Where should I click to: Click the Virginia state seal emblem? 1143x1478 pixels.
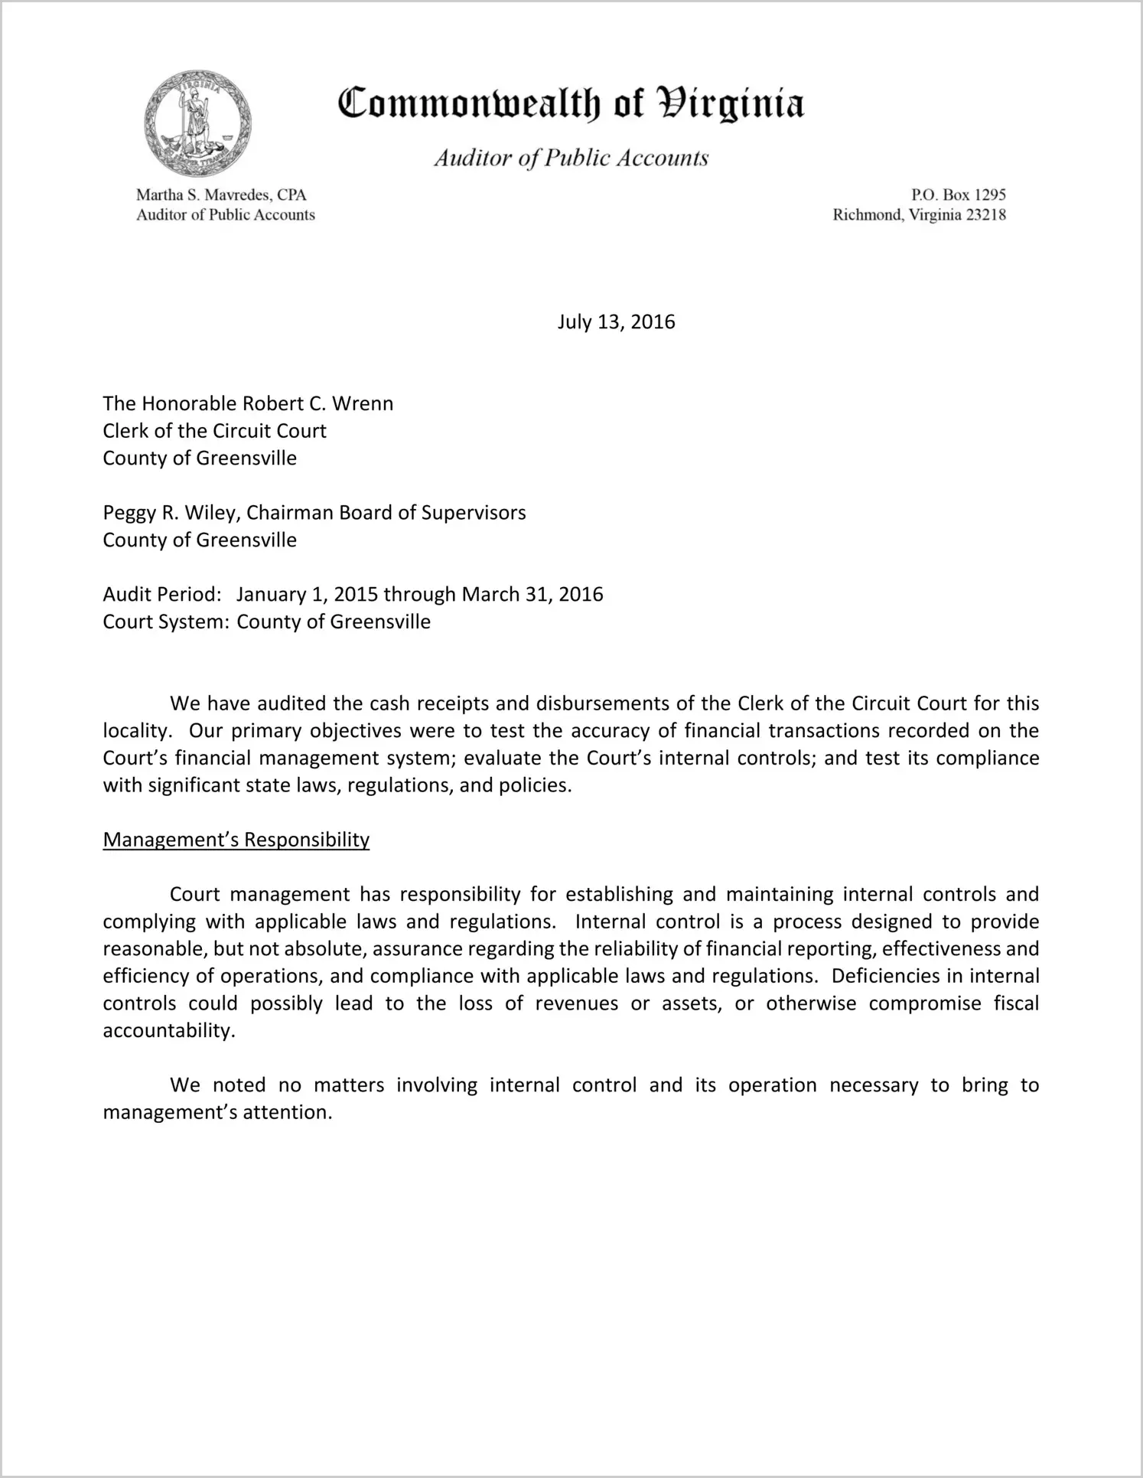198,124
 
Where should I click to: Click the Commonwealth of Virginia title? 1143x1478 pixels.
571,103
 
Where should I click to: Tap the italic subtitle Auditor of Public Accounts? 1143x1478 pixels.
571,158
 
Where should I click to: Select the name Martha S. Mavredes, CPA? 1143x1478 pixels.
221,195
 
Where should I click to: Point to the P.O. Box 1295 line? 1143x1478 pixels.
958,195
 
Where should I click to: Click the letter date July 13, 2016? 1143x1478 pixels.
616,321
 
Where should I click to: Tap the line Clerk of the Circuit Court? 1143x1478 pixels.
214,431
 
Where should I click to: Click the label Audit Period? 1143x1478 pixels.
162,595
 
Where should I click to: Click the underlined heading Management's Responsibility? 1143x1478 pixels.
236,840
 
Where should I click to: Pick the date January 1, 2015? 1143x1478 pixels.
307,595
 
